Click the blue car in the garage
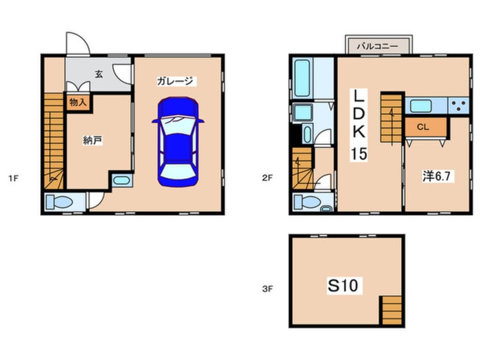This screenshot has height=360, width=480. coord(178,141)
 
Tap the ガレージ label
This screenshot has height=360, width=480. coord(175,81)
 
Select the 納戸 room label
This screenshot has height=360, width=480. coord(92,140)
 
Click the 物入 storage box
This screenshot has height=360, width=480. coord(78,102)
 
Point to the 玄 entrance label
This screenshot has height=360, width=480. coord(99,74)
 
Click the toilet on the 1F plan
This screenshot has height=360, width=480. coord(60,202)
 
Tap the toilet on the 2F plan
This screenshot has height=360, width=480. coord(308,202)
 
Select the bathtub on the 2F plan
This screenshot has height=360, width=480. coord(302,78)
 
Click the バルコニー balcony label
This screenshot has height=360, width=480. coord(378,46)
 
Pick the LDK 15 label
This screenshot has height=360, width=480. coord(359,125)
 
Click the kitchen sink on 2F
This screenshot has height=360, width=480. coord(421,106)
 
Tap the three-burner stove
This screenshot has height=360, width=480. coord(458,106)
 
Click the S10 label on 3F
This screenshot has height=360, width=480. coord(343,285)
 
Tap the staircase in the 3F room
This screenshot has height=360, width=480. coord(392,310)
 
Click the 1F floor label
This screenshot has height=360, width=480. coord(14,178)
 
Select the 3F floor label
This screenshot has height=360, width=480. coord(267,288)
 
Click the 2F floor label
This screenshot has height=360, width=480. coord(267,178)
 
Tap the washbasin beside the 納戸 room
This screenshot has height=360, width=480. coord(122,181)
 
